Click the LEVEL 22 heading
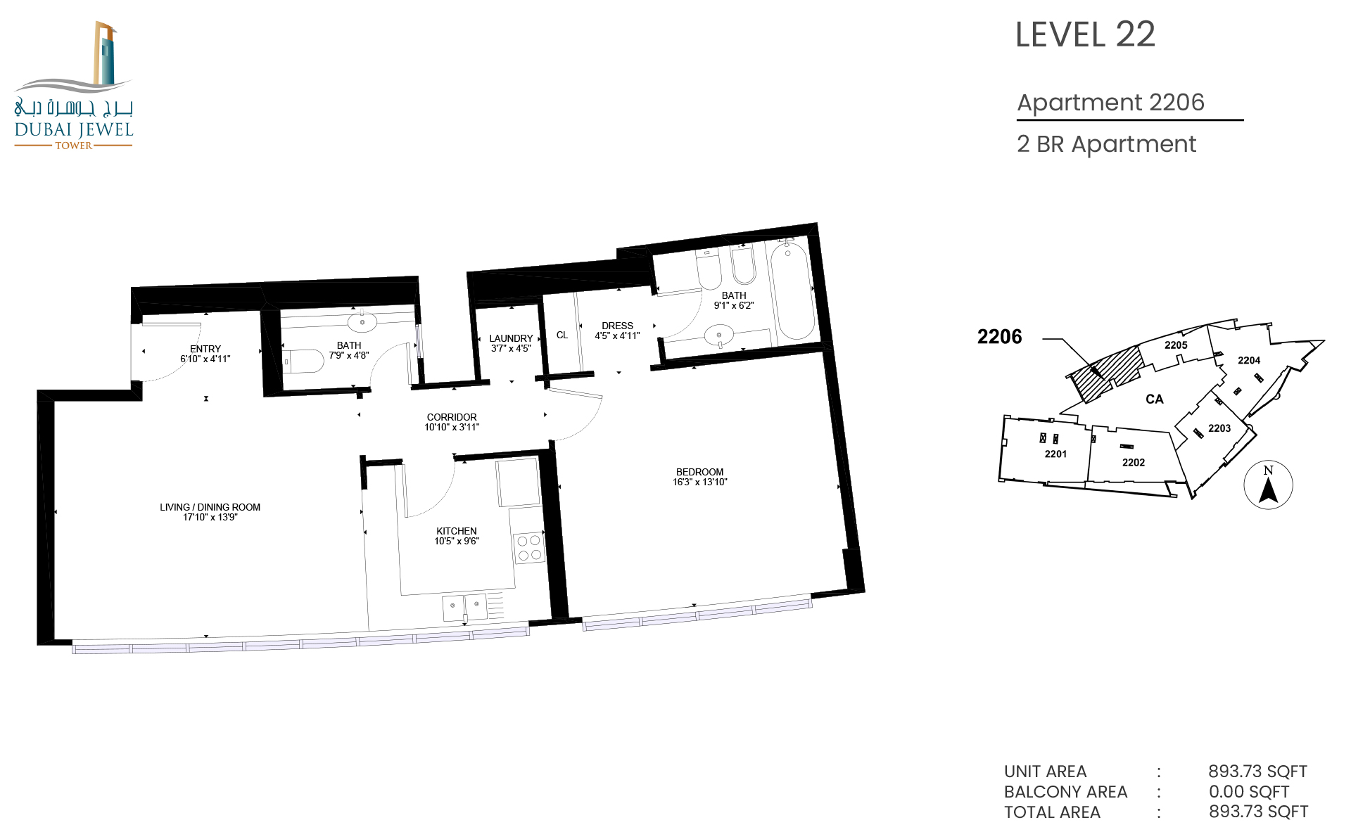click(1085, 34)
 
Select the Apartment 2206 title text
click(1111, 103)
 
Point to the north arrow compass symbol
click(1268, 485)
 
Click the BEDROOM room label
click(699, 472)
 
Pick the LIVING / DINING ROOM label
click(210, 507)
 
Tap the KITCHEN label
click(457, 531)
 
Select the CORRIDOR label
click(452, 417)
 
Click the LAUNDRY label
click(511, 338)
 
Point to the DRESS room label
click(617, 326)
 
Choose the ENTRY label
click(205, 349)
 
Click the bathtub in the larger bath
click(792, 291)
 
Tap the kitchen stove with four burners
click(529, 548)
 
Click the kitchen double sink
click(464, 607)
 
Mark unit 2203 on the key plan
click(1219, 428)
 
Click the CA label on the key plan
click(1155, 399)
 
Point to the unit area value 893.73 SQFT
click(1258, 772)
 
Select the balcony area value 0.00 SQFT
click(1249, 792)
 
